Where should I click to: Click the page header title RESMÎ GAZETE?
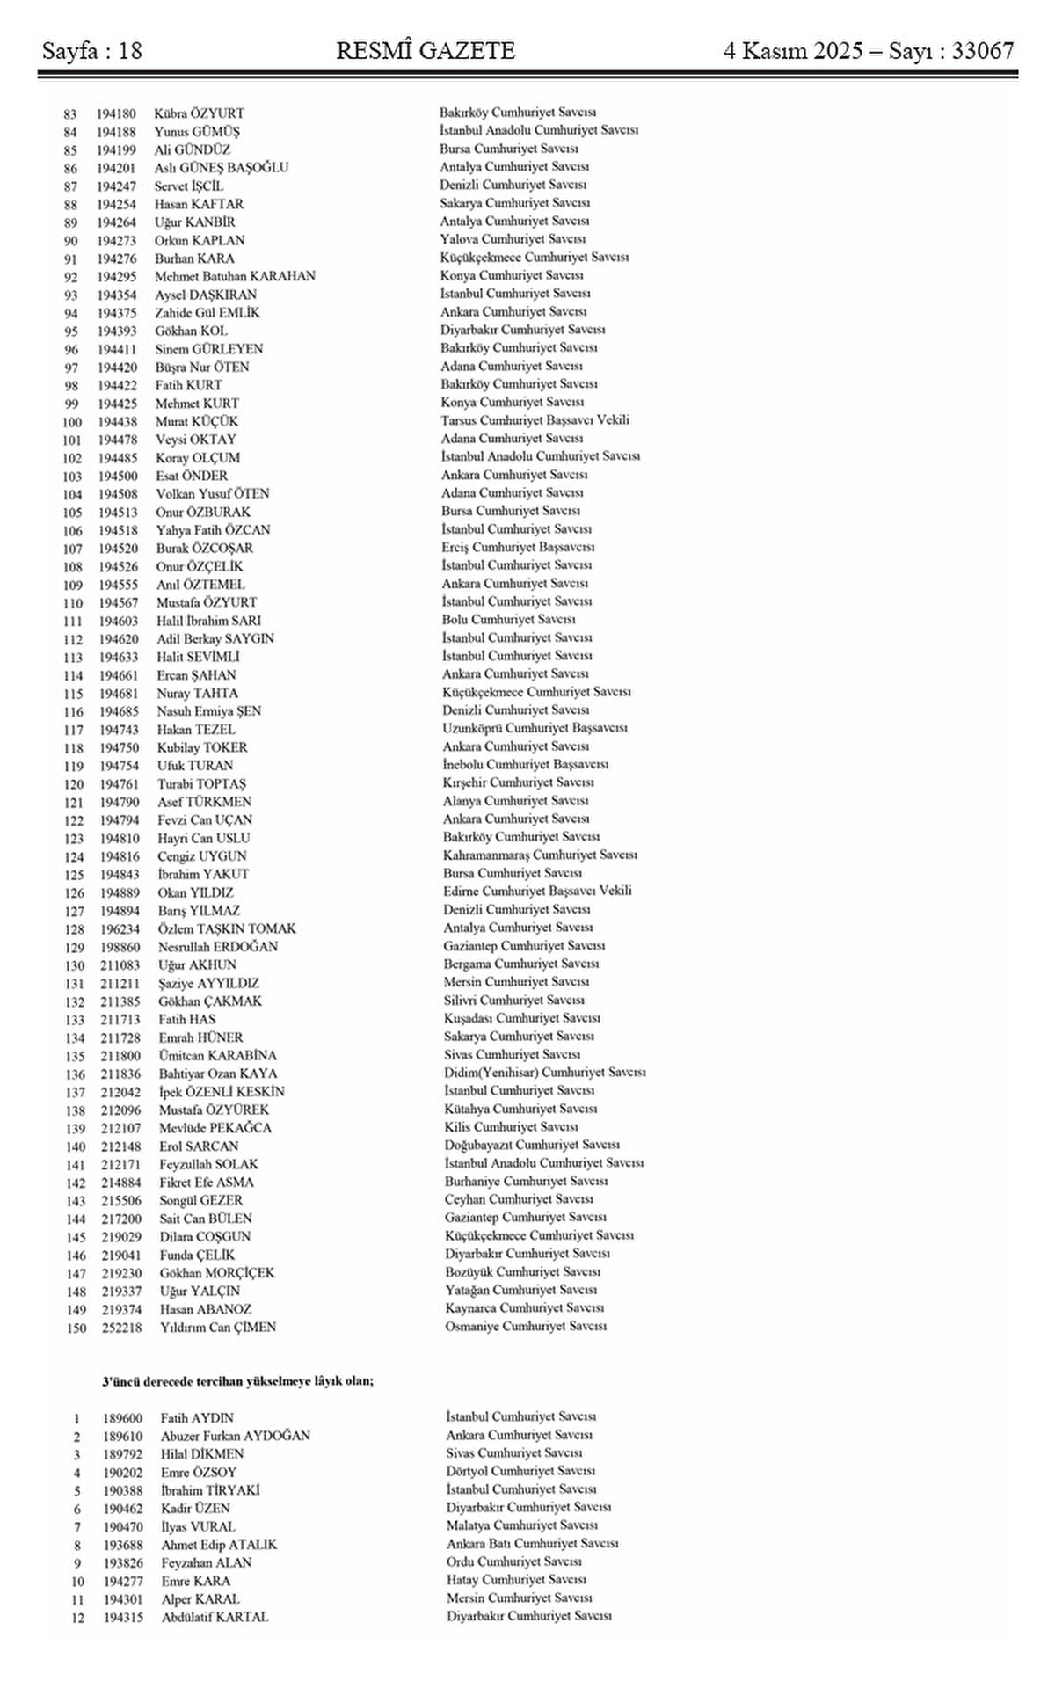(426, 51)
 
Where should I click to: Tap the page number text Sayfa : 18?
(92, 51)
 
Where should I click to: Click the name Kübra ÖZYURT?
(199, 113)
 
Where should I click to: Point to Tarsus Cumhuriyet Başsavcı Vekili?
(535, 420)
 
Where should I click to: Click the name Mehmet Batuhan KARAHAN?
(235, 276)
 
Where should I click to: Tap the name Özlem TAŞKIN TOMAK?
(226, 928)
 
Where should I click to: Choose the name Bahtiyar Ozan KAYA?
(218, 1074)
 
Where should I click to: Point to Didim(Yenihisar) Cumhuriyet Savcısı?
(545, 1073)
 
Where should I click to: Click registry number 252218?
(120, 1328)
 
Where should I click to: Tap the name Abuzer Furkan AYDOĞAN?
(236, 1436)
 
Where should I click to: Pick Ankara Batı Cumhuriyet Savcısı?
(532, 1543)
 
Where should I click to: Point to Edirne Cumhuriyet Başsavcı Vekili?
(537, 891)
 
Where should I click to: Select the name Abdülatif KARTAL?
(215, 1617)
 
